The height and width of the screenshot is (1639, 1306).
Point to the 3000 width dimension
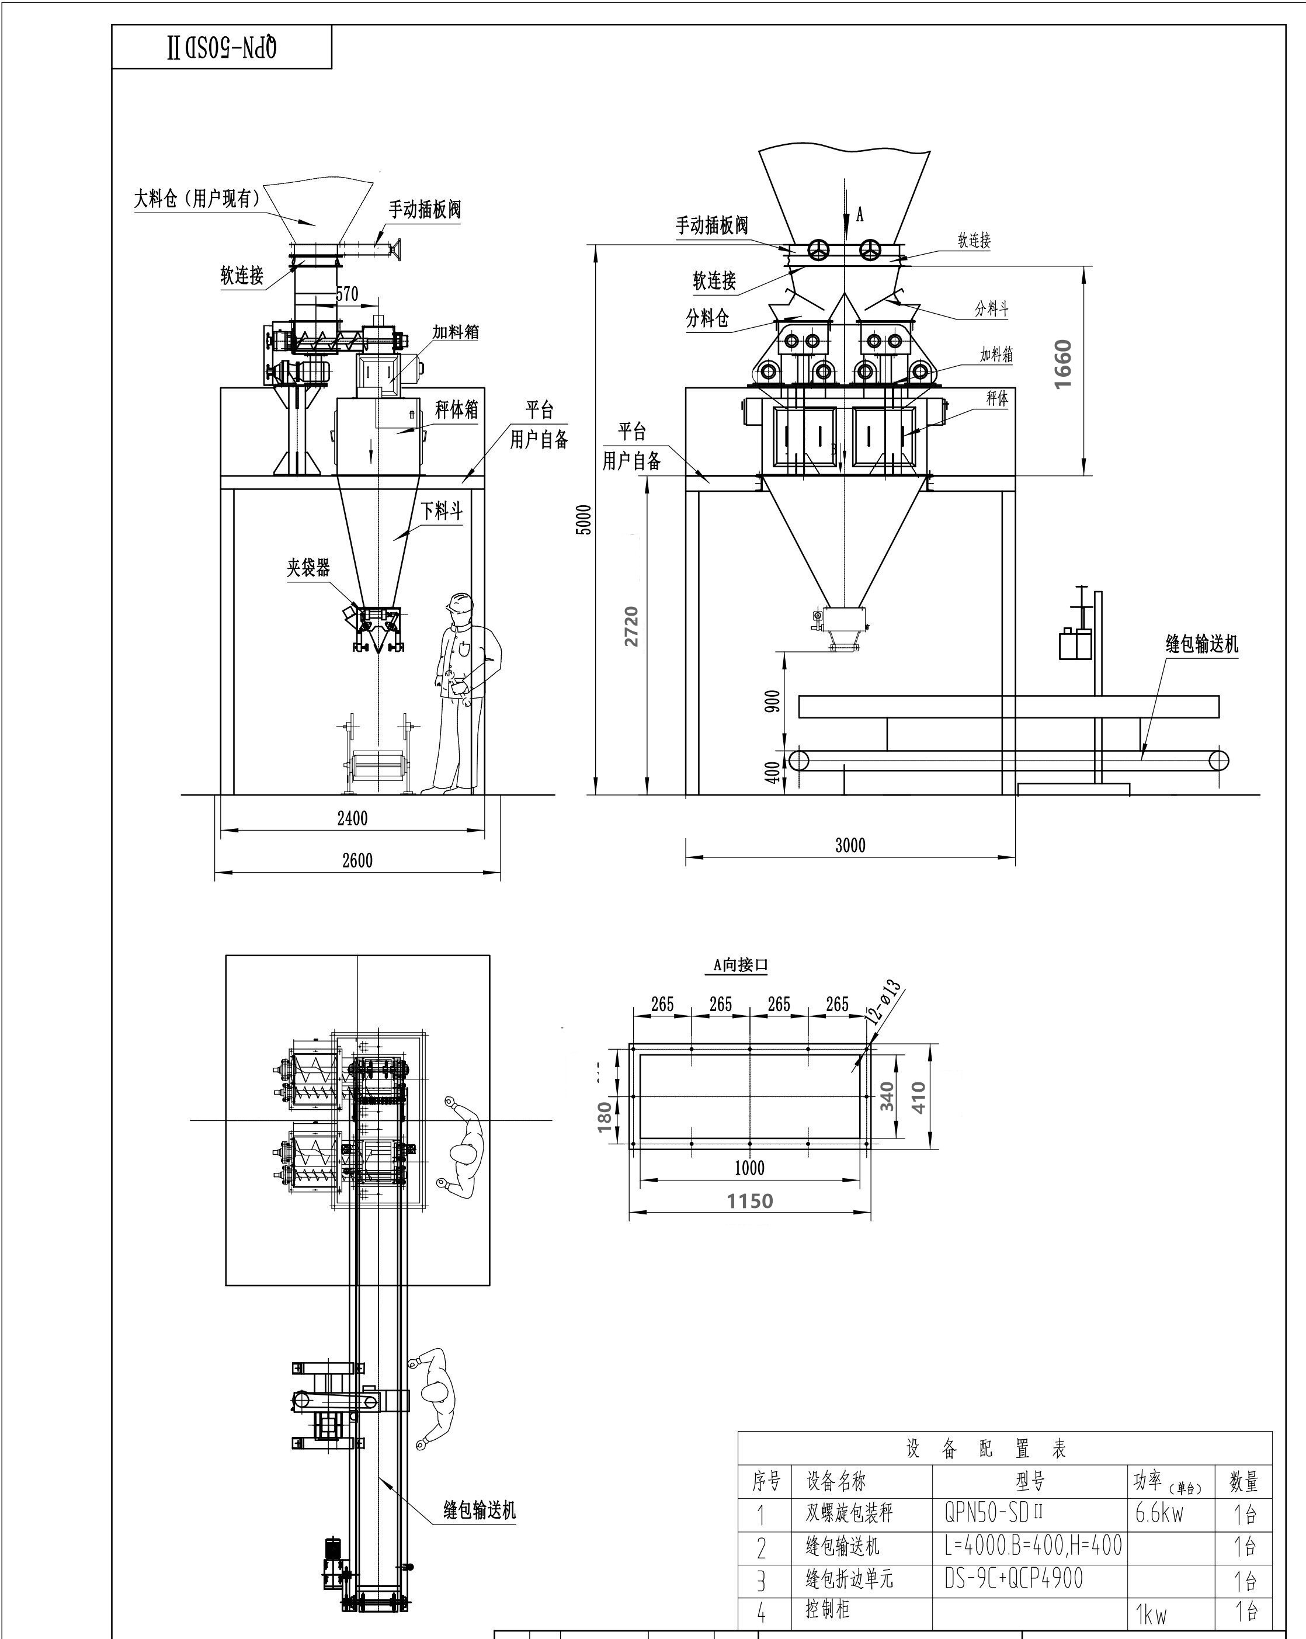point(850,845)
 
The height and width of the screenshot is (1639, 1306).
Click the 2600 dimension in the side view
point(357,860)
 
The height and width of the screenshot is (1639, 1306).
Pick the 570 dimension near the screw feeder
point(346,294)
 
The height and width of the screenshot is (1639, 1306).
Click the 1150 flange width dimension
point(749,1201)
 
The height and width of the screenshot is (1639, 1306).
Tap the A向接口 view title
point(741,965)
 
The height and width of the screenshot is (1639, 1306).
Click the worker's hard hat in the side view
point(459,603)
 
